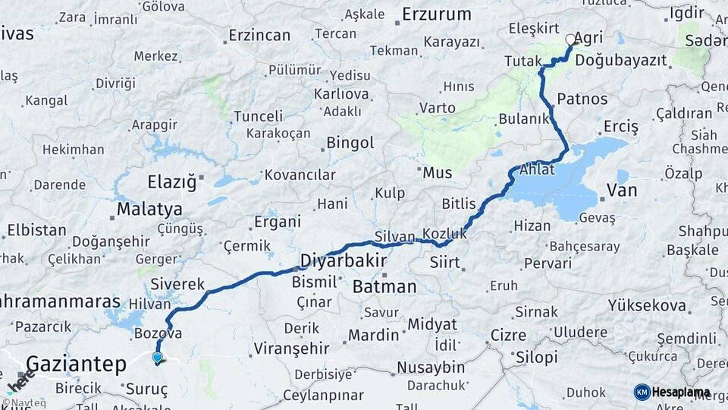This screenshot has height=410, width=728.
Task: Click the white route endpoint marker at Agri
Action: coord(570,39)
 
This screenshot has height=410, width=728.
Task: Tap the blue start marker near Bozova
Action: coord(157,357)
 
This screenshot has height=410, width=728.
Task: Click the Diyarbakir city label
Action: coord(343,261)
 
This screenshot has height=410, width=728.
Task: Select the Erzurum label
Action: coord(436,14)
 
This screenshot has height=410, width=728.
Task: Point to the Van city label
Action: coord(622,191)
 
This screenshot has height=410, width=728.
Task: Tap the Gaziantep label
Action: coord(76,364)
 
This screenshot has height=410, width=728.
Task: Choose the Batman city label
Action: coord(384,286)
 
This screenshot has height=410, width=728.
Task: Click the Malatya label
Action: coord(149,209)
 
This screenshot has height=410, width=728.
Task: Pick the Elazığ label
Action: coord(171,181)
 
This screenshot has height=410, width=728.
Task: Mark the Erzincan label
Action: coord(259,35)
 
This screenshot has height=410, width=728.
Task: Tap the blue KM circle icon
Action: coord(642,392)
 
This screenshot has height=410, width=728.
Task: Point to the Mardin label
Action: coord(373,334)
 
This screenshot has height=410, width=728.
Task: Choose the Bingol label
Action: coord(350,143)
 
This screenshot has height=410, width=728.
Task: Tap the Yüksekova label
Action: coord(648,306)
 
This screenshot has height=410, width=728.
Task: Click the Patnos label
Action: coord(582,99)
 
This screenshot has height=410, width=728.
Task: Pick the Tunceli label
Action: coord(258,116)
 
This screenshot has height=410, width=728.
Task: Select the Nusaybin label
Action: coord(431,367)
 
